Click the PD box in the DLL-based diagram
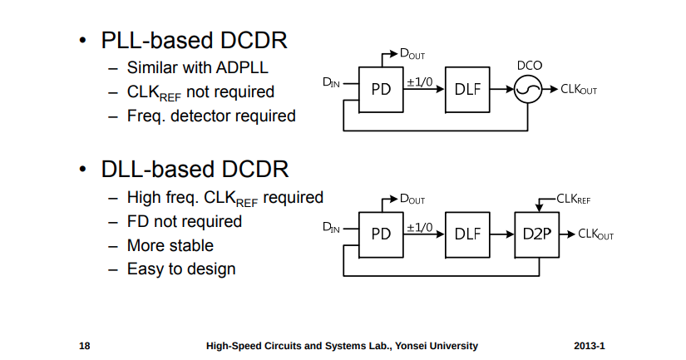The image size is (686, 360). pyautogui.click(x=381, y=234)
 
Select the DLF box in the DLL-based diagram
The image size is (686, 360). pyautogui.click(x=468, y=234)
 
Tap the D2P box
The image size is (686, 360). pyautogui.click(x=537, y=234)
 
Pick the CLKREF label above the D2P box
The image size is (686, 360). pyautogui.click(x=573, y=199)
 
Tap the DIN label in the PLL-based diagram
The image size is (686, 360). pyautogui.click(x=331, y=82)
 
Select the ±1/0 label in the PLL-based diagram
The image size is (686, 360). pyautogui.click(x=420, y=81)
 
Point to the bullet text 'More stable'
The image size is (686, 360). pyautogui.click(x=170, y=245)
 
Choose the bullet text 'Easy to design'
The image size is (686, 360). pyautogui.click(x=181, y=269)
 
